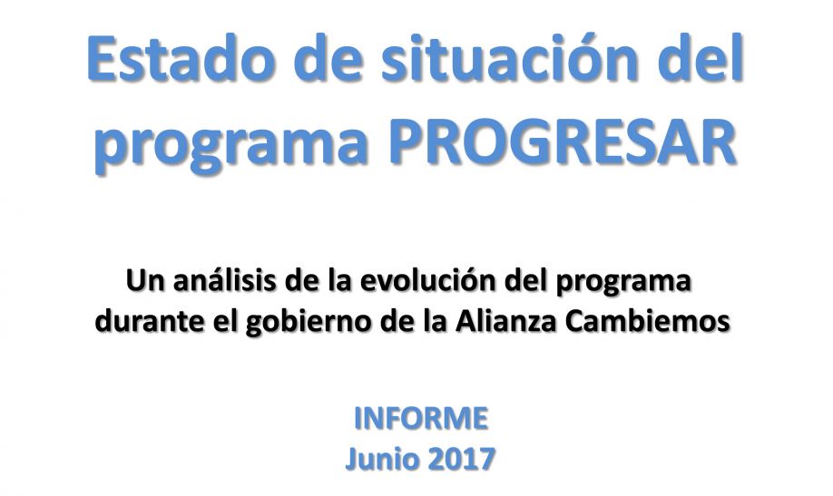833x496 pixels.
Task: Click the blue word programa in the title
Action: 231,146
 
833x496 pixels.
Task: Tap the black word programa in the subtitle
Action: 623,284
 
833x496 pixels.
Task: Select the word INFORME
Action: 421,418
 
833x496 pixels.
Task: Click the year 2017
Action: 461,458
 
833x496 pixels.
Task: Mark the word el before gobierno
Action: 225,321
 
